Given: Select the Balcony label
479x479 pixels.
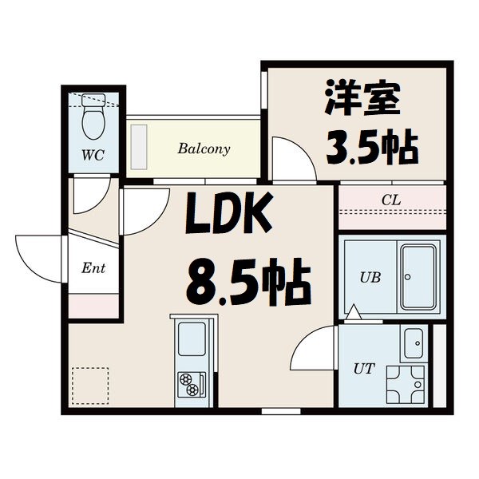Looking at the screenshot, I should (x=204, y=148).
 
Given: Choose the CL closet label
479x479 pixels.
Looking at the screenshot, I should (x=390, y=200).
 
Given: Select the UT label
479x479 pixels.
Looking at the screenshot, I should (x=364, y=368).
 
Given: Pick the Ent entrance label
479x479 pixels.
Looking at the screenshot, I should (x=93, y=268).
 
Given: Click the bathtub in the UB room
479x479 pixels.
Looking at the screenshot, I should (x=421, y=276).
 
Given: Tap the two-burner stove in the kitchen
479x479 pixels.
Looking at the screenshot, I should (x=191, y=383).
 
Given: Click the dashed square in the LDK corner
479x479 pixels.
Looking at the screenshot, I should (x=89, y=384).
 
